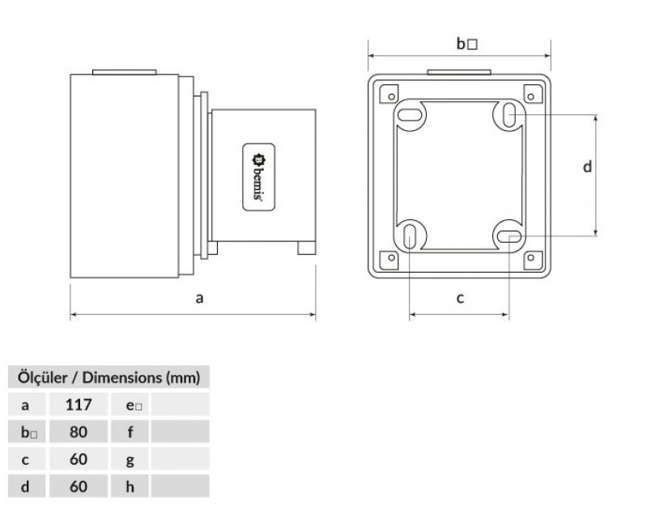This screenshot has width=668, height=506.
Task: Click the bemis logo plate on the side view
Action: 258,176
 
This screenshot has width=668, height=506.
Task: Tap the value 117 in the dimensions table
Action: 79,405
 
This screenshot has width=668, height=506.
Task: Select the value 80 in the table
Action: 79,432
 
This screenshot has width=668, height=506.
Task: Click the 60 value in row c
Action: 79,459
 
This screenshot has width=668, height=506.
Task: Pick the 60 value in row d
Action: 79,487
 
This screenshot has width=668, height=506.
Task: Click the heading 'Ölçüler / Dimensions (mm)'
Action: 108,377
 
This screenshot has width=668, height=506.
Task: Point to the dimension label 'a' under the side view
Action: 199,298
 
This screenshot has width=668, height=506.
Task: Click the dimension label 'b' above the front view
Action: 466,44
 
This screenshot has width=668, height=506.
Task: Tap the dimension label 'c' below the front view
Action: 460,298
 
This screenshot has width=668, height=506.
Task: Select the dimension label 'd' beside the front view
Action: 587,166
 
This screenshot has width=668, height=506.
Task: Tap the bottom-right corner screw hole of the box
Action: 531,257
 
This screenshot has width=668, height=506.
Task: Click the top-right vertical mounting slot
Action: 509,115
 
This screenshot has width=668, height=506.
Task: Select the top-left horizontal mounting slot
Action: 410,114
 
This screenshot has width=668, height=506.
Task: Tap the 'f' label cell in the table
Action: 130,432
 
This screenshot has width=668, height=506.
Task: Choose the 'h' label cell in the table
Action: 130,487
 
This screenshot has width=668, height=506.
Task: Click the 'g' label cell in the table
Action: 130,459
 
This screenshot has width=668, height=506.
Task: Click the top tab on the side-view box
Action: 125,72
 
